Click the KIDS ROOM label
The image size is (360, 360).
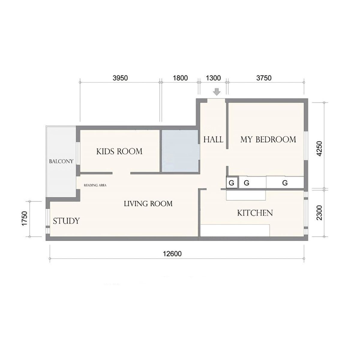point(119,151)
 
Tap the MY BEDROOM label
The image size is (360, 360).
point(268,139)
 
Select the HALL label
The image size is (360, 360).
point(213,139)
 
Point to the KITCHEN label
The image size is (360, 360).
point(255,213)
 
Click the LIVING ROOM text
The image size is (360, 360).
point(148,204)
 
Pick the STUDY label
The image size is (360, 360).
point(66,221)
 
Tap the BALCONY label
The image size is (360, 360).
point(61,161)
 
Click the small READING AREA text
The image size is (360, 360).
point(95,185)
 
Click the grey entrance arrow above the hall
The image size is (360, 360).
point(217,92)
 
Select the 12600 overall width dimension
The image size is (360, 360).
point(172,254)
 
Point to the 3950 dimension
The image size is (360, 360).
point(120,78)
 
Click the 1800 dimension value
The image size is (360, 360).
point(180,78)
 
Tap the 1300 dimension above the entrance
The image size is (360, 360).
point(213,78)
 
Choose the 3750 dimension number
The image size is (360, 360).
point(264,78)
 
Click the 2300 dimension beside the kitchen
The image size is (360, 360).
point(320,213)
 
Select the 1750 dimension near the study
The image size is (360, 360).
point(25,219)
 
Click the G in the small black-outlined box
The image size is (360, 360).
point(232,183)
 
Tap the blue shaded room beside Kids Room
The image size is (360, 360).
point(180,151)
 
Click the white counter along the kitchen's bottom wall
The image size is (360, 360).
point(235,230)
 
